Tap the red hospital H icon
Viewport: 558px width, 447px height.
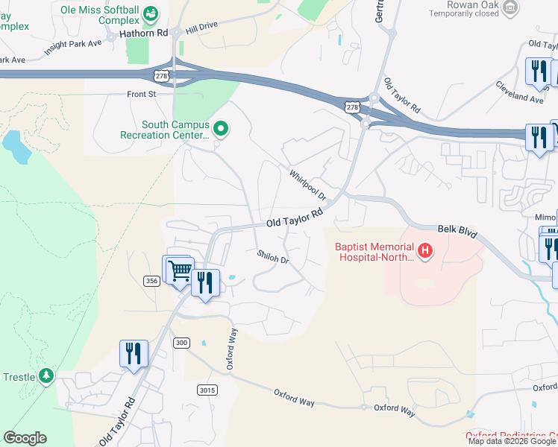click(425, 252)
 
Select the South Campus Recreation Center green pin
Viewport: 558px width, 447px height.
click(220, 130)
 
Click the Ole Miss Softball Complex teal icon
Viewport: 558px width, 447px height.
click(150, 13)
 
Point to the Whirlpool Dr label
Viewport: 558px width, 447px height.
click(308, 185)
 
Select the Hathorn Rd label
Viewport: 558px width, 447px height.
click(141, 33)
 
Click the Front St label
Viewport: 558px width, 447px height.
click(140, 95)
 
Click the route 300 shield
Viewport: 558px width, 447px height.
click(181, 342)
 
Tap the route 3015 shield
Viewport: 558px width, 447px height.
click(207, 390)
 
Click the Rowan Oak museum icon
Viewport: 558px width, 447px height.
click(510, 8)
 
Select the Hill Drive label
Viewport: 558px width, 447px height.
click(201, 26)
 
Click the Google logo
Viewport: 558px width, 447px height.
click(25, 437)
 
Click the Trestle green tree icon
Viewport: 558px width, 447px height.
click(48, 375)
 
